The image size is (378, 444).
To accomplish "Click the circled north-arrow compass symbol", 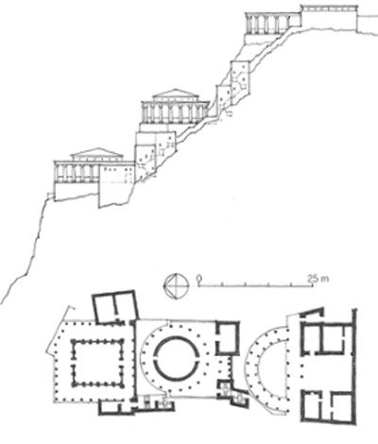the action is pos(176,286).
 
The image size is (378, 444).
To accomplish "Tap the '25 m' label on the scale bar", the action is pos(318,279).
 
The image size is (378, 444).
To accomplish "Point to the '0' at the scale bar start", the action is pos(198,279).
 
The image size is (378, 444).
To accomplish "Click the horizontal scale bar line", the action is pos(255,286).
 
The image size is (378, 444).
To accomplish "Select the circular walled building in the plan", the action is pos(178,358).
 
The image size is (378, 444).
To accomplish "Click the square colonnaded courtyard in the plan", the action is pos(97,363).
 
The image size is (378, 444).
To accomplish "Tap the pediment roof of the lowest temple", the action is pos(96,152).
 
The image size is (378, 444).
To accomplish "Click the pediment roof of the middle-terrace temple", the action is pos(176,94).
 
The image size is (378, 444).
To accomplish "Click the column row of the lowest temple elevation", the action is pos(77,173).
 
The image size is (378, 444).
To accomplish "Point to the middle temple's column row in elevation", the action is pos(174,113).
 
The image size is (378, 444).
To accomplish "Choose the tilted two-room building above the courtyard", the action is pos(115,307).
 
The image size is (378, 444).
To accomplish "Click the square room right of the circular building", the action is pos(227,338).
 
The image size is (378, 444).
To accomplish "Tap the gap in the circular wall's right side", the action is pos(199,358).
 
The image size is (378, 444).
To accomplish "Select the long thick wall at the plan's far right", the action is pos(355,366).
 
